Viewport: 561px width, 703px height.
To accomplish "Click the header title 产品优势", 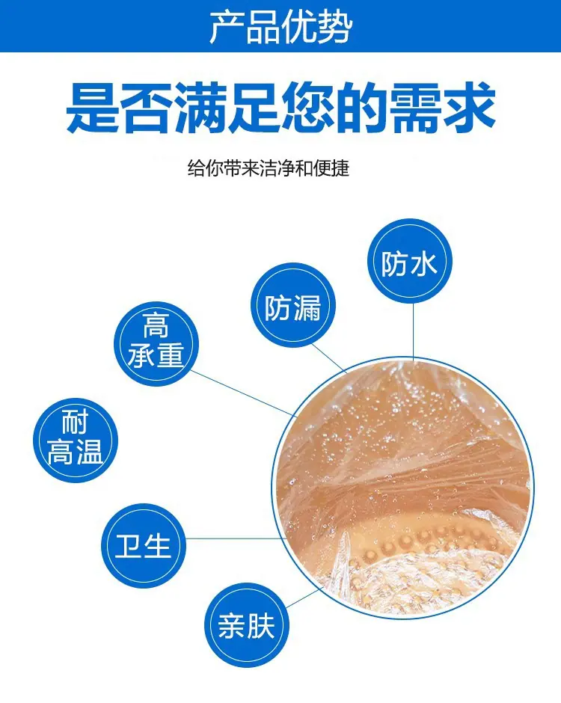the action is [280, 28].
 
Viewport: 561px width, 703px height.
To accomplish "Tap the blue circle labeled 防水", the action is [409, 261].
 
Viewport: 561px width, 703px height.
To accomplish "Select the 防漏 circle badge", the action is [292, 305].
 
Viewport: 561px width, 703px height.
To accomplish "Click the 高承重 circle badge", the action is [156, 344].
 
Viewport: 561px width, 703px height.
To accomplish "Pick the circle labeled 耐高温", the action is [76, 440].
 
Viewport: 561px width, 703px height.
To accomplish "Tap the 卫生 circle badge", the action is [144, 546].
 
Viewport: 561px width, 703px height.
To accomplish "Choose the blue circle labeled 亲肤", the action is [247, 625].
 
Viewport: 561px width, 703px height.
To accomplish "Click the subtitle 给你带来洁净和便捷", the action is [268, 168].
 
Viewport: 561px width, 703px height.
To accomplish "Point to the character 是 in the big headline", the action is [93, 107].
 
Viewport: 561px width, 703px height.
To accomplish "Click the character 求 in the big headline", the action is [469, 107].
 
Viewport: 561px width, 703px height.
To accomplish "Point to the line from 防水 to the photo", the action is [413, 331].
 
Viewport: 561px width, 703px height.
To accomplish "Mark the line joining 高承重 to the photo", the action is [244, 393].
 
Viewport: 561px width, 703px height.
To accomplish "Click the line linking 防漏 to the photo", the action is [329, 358].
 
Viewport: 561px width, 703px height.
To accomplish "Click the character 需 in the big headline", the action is [415, 107].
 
